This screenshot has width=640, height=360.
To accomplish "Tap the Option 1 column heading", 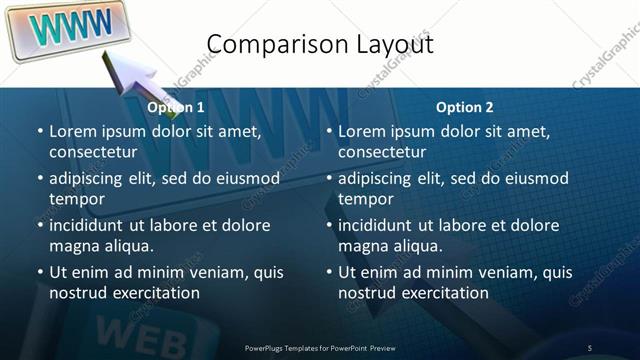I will [x=176, y=108].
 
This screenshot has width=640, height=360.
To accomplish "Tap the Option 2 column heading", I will [x=465, y=108].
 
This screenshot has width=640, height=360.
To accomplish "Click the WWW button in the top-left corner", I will [x=64, y=28].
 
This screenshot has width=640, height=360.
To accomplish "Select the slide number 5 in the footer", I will [x=590, y=347].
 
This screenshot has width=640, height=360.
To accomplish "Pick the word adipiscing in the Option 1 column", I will [x=88, y=178].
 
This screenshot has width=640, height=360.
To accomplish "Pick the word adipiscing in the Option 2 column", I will [x=377, y=178].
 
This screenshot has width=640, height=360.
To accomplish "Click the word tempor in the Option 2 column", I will [x=363, y=199].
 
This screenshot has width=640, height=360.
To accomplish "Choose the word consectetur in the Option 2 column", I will [x=382, y=152].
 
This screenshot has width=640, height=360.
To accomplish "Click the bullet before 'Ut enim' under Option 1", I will [x=39, y=272].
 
